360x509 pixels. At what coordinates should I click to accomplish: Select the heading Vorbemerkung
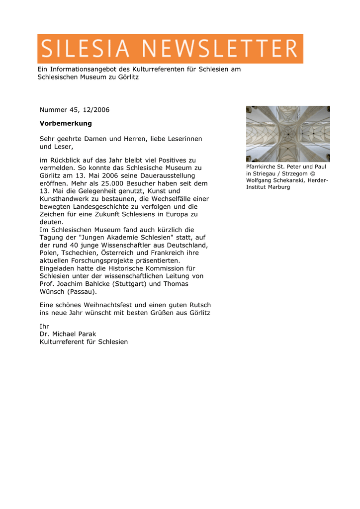[66, 123]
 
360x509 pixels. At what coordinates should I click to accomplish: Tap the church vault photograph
[288, 134]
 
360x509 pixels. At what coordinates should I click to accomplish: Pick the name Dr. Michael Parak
[68, 334]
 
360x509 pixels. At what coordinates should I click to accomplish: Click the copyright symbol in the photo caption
[312, 173]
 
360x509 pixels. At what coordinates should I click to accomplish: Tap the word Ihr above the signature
[44, 326]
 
